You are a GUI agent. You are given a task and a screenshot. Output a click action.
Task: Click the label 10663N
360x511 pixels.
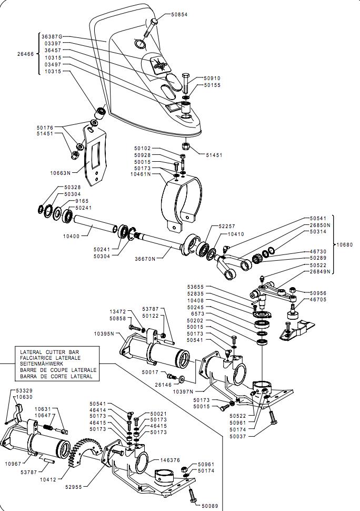pos(61,172)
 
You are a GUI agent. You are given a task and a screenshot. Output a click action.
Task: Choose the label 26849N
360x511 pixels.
pos(320,272)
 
